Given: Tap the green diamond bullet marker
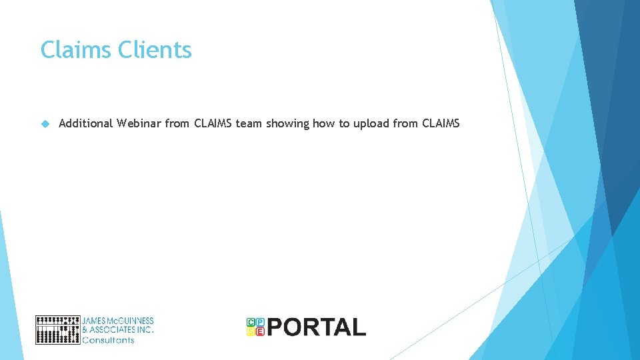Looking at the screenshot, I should pos(45,123).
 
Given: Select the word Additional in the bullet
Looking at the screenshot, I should pos(85,123).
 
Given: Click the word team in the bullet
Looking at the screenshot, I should pos(249,123).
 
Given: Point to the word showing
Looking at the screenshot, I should pos(287,123).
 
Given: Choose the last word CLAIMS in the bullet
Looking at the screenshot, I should pos(441,123).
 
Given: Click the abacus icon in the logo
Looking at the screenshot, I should pos(57,329).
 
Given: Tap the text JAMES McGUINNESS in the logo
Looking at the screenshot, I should pos(118,321).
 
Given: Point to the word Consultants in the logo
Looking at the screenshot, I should pos(108,340).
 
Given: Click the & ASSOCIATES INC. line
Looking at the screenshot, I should pos(118,330).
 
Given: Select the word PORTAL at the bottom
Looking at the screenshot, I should pos(317,327).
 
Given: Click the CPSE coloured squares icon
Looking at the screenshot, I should pos(255,327).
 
